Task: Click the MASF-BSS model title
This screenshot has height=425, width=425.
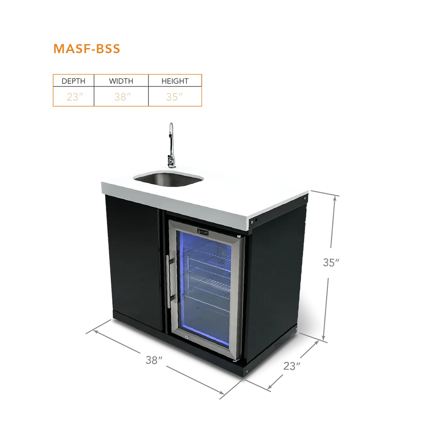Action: pyautogui.click(x=87, y=49)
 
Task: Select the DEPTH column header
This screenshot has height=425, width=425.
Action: pyautogui.click(x=73, y=81)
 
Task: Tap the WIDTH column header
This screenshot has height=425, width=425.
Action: pyautogui.click(x=121, y=81)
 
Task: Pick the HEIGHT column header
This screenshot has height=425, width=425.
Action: pyautogui.click(x=175, y=81)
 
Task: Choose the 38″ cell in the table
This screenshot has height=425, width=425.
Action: pyautogui.click(x=122, y=97)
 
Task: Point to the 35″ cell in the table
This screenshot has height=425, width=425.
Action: pyautogui.click(x=174, y=97)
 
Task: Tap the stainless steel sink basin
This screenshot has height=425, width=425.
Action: pyautogui.click(x=169, y=179)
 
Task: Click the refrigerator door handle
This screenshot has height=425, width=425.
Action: pyautogui.click(x=169, y=281)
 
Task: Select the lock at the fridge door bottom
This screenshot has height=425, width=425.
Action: pyautogui.click(x=187, y=337)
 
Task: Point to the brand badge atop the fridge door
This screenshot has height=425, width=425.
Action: pyautogui.click(x=203, y=232)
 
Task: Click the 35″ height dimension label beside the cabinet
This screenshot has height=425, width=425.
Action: pyautogui.click(x=331, y=262)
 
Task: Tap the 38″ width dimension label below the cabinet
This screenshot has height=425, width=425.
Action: pyautogui.click(x=154, y=360)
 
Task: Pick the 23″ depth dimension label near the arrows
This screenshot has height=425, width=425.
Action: pyautogui.click(x=292, y=366)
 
